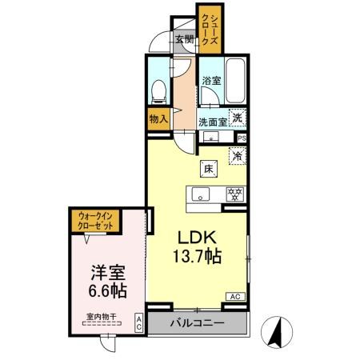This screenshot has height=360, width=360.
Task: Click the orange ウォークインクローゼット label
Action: click(95, 220)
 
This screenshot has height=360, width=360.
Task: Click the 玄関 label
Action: click(183, 39)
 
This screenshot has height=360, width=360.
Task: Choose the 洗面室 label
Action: click(213, 122)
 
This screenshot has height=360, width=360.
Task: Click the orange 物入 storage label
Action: click(158, 118)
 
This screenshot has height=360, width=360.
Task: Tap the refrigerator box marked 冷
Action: click(237, 156)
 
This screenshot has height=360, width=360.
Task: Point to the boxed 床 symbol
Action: click(208, 169)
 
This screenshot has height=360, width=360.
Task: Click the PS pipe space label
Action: click(242, 138)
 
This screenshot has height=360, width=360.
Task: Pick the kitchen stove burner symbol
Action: click(235, 193)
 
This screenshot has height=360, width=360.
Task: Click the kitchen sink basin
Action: click(199, 193)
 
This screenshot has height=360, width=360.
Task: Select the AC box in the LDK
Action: click(235, 296)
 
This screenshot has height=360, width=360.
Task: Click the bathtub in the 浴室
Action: click(236, 79)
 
